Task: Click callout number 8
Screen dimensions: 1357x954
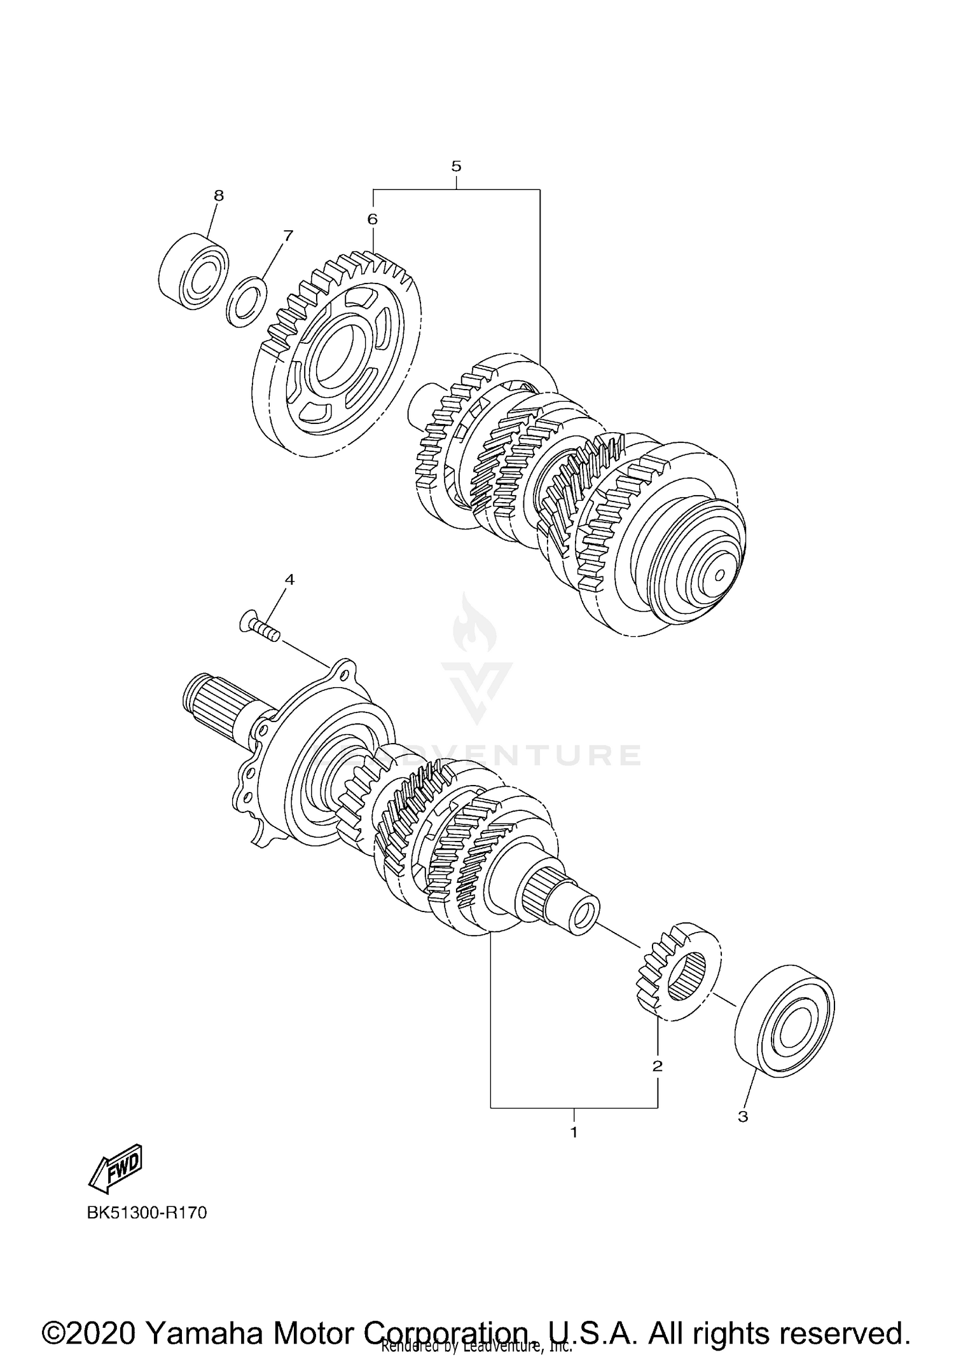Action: pyautogui.click(x=219, y=196)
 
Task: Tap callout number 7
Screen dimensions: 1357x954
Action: pyautogui.click(x=287, y=236)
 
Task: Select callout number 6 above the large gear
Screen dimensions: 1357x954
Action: pyautogui.click(x=372, y=219)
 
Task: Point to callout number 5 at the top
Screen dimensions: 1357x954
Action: pyautogui.click(x=456, y=167)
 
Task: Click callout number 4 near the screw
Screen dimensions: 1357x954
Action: pyautogui.click(x=289, y=579)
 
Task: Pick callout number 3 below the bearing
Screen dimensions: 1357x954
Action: pyautogui.click(x=743, y=1116)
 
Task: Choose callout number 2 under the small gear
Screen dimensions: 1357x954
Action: pyautogui.click(x=657, y=1065)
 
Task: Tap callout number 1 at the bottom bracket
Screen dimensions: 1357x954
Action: pyautogui.click(x=574, y=1132)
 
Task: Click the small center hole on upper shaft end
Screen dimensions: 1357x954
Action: pyautogui.click(x=719, y=575)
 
